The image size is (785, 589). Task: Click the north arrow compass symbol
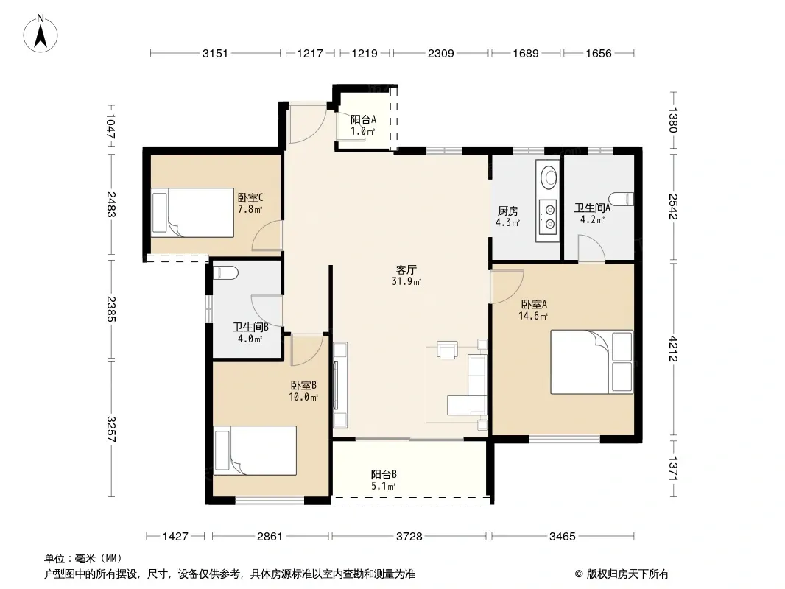coord(41,34)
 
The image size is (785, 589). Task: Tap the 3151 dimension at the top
coord(215,53)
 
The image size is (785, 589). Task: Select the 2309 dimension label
coord(440,53)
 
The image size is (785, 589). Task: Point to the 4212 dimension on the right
coord(673,349)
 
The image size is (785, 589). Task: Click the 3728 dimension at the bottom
coord(409,537)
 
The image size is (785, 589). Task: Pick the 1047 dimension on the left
coord(110,127)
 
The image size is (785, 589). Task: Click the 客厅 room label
coord(406,270)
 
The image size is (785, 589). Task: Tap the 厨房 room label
coord(507,211)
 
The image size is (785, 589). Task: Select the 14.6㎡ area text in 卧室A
coord(533,316)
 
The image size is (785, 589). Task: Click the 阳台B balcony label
coord(384,474)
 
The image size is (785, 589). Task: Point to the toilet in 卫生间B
coord(225,273)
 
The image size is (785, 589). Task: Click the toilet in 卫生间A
coord(622,199)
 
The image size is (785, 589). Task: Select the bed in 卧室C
coord(192,212)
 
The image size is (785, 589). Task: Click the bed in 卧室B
coord(255,451)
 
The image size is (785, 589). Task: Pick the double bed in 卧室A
coord(592,361)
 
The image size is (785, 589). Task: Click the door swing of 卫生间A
coord(592,248)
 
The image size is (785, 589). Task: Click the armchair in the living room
coord(447,349)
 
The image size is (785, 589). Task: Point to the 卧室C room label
coord(250,197)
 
